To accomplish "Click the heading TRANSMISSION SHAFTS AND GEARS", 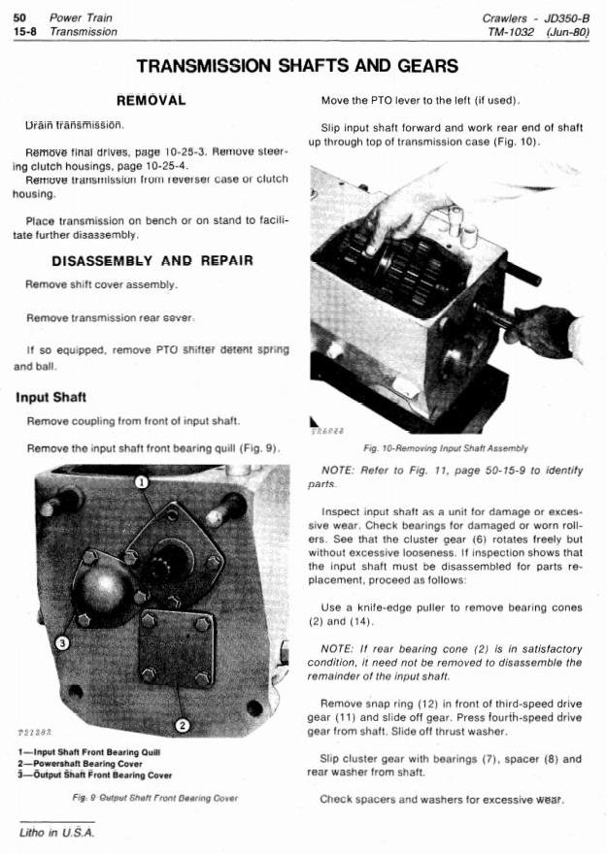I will coord(297,66).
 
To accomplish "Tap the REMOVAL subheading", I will coord(151,101).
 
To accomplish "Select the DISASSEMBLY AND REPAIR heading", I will coord(152,260).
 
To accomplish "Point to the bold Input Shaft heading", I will coord(51,398).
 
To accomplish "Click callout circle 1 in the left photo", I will coord(142,481).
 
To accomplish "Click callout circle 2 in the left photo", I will coord(182,724).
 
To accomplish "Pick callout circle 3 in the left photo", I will coord(63,642).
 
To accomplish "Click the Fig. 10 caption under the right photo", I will coord(445,449).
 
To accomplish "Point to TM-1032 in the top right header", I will coord(521,32).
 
